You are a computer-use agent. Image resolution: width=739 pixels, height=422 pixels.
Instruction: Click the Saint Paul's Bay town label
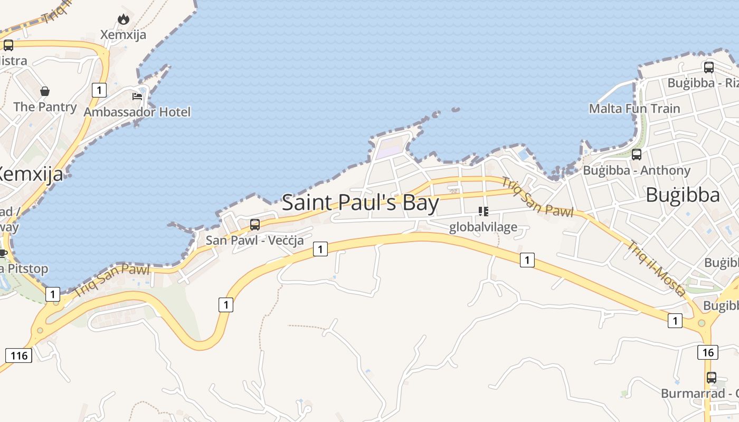tap(361, 203)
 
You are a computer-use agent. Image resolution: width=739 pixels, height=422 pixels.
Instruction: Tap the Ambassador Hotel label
tap(137, 112)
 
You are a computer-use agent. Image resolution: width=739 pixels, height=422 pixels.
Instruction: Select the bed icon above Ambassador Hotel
tap(137, 96)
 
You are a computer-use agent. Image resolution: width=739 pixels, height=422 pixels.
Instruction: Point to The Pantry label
tap(45, 107)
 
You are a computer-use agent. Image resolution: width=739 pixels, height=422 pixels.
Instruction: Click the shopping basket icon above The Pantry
tap(45, 91)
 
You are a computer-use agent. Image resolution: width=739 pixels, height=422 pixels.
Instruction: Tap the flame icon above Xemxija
tap(124, 20)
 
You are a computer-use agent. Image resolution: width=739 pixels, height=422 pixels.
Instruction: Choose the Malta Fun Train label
tap(634, 109)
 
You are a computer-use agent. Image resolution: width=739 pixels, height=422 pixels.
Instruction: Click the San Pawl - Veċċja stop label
tap(254, 241)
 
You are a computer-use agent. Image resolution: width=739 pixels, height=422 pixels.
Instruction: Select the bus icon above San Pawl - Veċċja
tap(255, 225)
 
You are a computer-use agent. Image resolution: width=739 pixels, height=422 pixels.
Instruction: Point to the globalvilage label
tap(483, 227)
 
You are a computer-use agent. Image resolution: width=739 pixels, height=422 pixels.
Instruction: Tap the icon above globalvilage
tap(483, 212)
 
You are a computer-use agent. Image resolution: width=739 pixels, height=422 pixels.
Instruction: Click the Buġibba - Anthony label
tap(637, 170)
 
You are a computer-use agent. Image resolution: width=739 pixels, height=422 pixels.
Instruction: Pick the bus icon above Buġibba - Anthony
tap(637, 155)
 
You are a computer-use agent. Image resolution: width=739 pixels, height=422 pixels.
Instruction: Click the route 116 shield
tap(19, 356)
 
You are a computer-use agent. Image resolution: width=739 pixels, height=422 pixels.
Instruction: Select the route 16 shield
tap(708, 352)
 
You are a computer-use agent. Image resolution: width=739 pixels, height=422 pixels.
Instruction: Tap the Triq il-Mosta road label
tap(657, 268)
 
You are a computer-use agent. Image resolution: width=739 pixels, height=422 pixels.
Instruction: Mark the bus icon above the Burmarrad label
tap(712, 378)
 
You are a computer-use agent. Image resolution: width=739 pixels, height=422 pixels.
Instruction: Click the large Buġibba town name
tap(683, 195)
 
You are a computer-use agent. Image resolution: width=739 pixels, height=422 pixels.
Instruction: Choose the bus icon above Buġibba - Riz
tap(708, 68)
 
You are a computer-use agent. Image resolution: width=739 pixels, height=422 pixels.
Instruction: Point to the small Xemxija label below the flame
tap(124, 35)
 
